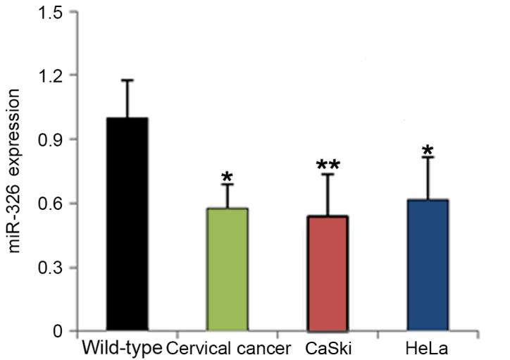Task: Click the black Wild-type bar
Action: pyautogui.click(x=127, y=224)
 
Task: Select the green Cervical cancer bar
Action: pyautogui.click(x=227, y=269)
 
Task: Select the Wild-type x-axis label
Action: pyautogui.click(x=121, y=349)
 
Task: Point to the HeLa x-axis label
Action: pyautogui.click(x=426, y=349)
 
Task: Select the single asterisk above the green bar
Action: pyautogui.click(x=226, y=175)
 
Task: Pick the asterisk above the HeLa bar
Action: pyautogui.click(x=428, y=150)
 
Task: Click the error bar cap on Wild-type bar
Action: pyautogui.click(x=127, y=80)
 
